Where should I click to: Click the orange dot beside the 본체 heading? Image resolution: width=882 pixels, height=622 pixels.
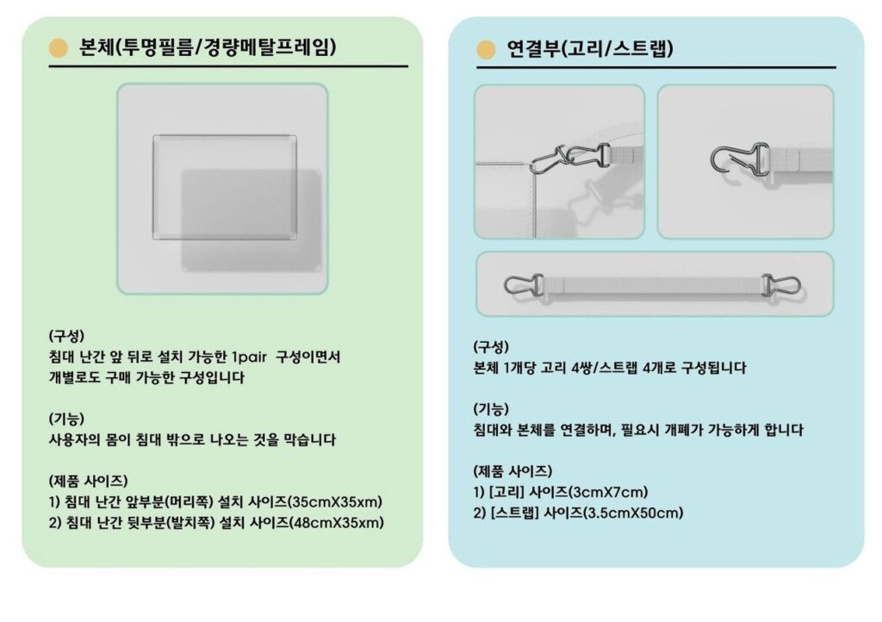(x=58, y=48)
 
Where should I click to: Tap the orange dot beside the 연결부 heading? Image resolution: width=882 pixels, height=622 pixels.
(x=486, y=49)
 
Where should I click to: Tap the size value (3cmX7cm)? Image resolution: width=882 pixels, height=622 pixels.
(x=608, y=492)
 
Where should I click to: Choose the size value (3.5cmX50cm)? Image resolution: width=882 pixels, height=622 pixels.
(x=633, y=513)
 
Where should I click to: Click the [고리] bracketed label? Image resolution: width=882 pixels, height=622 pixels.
(x=506, y=492)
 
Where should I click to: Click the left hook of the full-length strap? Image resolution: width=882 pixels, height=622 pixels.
(x=524, y=285)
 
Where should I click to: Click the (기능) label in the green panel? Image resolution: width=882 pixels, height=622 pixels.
(x=66, y=419)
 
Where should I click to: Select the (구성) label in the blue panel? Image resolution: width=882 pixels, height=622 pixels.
(x=491, y=347)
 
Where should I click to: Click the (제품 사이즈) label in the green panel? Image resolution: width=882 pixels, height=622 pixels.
(x=89, y=482)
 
